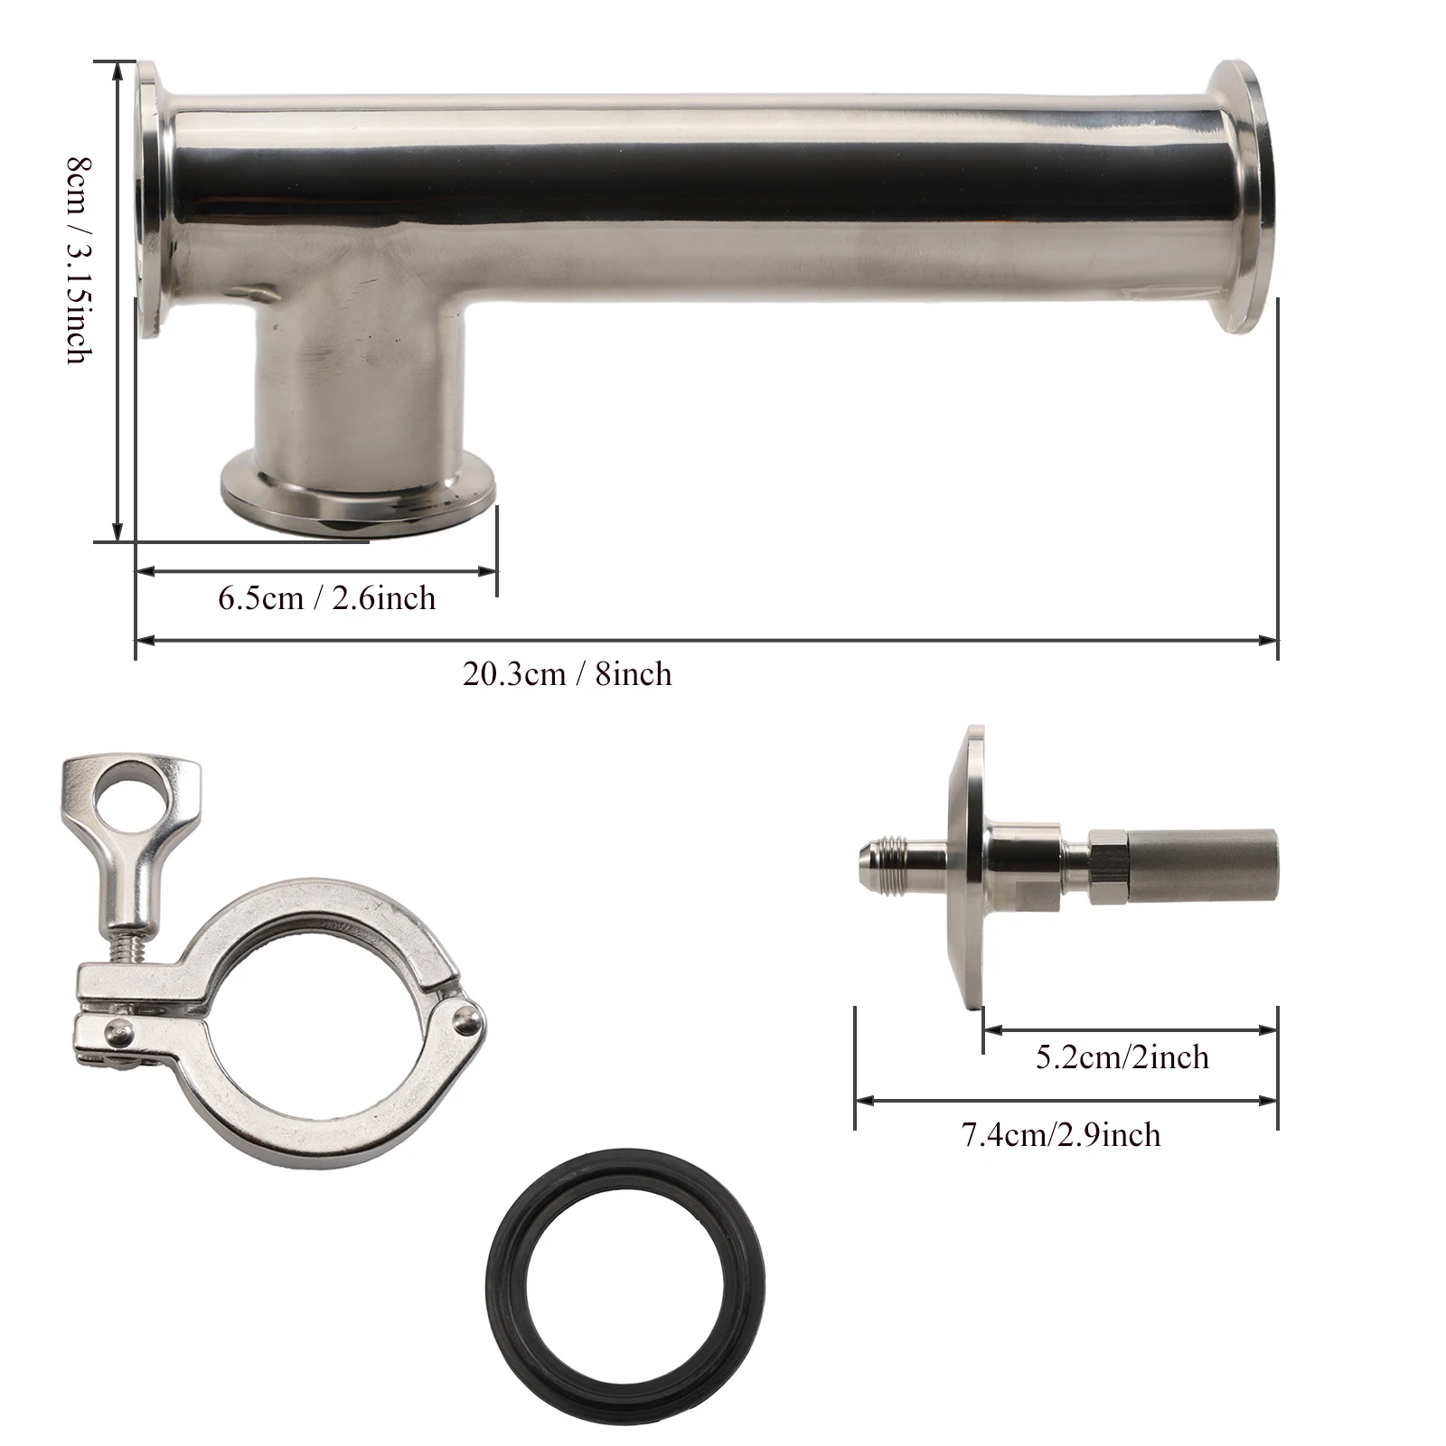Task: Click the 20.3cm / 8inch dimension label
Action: click(x=568, y=674)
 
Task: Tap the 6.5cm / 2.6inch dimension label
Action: click(x=327, y=598)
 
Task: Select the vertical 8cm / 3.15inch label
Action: click(x=79, y=259)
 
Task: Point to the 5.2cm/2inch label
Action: click(x=1122, y=1056)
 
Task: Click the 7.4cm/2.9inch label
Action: click(x=1061, y=1134)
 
